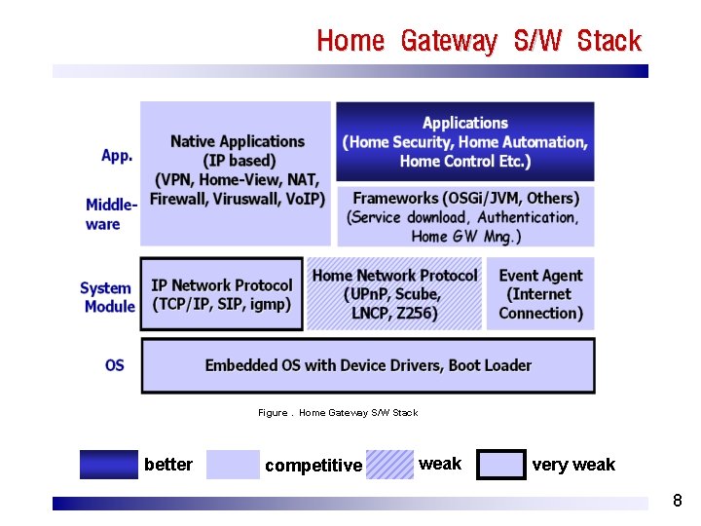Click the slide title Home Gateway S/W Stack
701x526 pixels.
479,41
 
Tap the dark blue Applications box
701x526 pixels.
464,141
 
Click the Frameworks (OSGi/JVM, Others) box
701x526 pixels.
464,216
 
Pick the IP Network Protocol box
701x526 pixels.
221,294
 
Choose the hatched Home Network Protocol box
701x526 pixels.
394,294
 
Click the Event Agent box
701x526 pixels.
540,294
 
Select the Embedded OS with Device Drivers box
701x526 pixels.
368,365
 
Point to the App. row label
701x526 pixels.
117,156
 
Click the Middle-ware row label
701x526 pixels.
110,214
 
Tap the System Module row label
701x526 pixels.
107,297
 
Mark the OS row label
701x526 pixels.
115,365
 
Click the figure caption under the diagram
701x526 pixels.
338,413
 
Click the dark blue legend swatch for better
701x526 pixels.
109,465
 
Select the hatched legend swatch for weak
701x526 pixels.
390,465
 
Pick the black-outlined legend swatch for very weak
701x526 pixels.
502,465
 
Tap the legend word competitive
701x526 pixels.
313,466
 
